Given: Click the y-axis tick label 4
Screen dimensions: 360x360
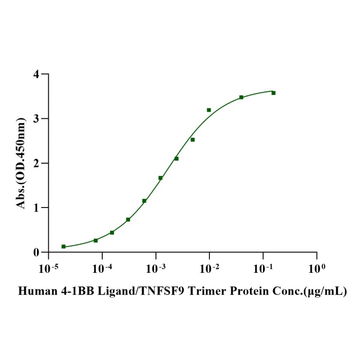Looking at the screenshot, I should point(36,74).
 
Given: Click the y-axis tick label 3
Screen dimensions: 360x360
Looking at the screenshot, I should point(36,118).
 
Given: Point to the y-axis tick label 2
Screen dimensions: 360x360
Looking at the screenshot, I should point(36,163).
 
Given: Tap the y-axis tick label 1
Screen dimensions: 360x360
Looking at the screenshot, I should point(36,208).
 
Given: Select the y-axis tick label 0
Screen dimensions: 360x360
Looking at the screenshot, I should point(36,252).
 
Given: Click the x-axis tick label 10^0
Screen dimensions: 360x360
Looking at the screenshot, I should point(317,267).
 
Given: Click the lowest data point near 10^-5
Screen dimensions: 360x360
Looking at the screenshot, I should point(63,246).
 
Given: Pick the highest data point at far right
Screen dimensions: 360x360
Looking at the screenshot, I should point(273,93).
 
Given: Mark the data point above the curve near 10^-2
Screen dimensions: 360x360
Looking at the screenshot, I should point(209,110).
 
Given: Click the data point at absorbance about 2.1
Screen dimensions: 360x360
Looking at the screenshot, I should point(176,158).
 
